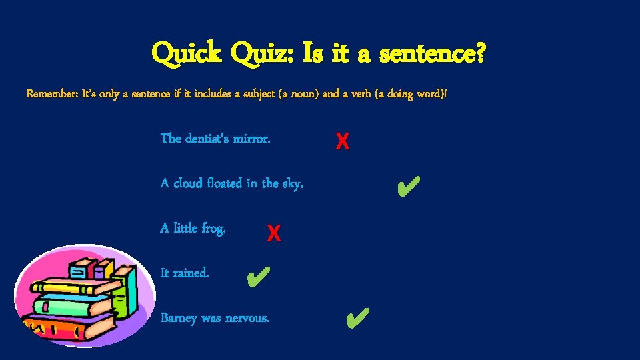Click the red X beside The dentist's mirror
point(342,141)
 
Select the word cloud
point(188,183)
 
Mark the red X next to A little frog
point(273,233)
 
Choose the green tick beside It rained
point(257,275)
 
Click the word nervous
point(247,318)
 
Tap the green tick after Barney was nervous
point(357,319)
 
